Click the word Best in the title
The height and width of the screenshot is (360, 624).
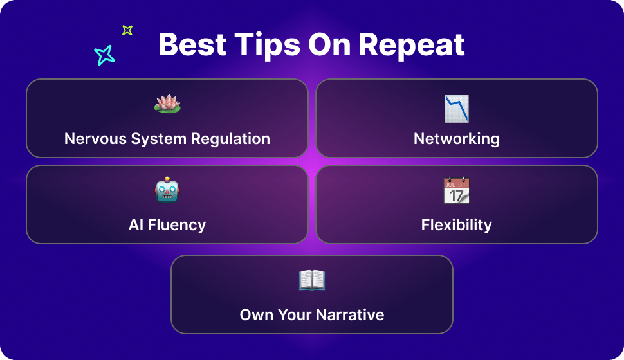coord(192,44)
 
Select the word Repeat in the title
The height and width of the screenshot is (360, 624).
coord(412,46)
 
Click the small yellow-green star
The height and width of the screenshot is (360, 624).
coord(127,30)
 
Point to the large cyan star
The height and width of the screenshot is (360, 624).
coord(104,55)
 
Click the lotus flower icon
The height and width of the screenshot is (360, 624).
coord(167,104)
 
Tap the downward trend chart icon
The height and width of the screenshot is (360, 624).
coord(457,108)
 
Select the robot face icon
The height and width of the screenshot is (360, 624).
coord(167,190)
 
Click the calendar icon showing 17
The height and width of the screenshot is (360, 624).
coord(457,190)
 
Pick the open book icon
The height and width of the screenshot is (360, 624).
coord(312,280)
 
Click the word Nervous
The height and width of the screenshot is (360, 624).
coord(95,139)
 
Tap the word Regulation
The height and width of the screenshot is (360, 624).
coord(230,139)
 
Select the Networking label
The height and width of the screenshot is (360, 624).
coord(457,139)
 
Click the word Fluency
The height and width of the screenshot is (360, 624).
coord(177,225)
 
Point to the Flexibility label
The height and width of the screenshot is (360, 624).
coord(457,225)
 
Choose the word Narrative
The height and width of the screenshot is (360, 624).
coord(350,314)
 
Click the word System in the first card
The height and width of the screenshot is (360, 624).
coord(159,139)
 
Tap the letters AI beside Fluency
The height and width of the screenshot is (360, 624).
coord(136,225)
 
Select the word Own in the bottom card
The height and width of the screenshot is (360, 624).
coord(256,314)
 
